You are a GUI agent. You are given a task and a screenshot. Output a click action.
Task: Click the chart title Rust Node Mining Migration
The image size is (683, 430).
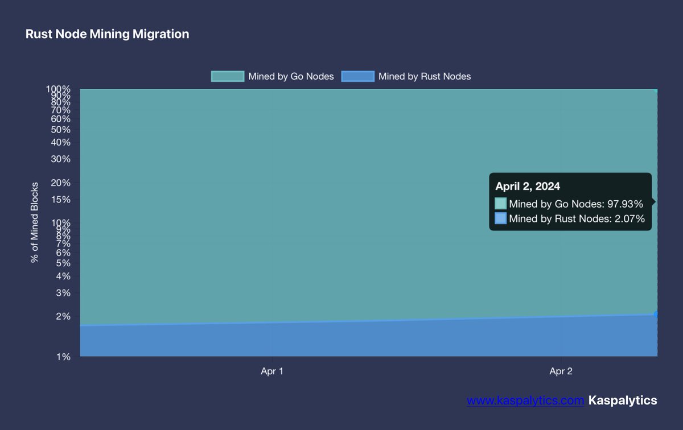pos(107,34)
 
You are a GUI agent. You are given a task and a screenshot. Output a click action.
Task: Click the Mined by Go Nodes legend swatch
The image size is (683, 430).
pos(227,76)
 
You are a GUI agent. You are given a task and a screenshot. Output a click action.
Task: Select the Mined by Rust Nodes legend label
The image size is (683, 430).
pos(424,76)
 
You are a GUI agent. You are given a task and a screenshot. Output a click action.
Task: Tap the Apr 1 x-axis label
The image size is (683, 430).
pos(272,371)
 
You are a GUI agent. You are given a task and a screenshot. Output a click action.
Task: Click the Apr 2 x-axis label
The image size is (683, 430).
pos(561,371)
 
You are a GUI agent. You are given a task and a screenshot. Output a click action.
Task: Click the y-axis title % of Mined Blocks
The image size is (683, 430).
pos(35,222)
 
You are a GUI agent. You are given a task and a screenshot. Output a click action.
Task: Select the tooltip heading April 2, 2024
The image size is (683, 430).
pos(528,186)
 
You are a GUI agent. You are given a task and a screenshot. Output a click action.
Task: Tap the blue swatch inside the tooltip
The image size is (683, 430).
pos(500,218)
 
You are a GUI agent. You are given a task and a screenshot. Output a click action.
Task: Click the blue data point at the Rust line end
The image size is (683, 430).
pos(656,314)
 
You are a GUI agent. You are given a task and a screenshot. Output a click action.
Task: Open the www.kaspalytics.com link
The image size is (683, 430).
pos(525,400)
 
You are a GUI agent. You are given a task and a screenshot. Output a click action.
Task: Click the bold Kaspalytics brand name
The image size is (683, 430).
pos(623,400)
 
